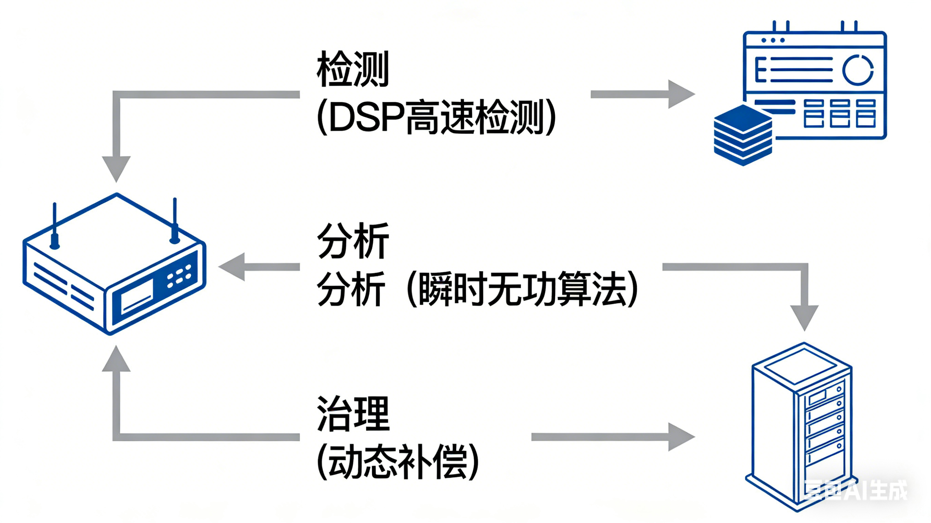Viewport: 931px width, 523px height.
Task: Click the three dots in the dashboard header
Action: point(773,40)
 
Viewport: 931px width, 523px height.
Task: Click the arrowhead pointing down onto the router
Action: point(116,168)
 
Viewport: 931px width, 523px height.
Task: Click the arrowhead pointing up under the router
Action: point(116,359)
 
